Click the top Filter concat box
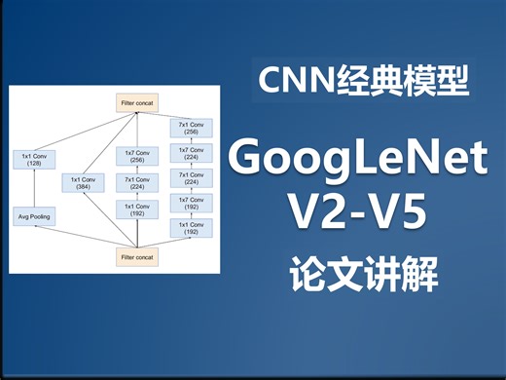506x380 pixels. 137,101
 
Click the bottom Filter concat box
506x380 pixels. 137,257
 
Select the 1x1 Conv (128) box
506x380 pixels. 35,159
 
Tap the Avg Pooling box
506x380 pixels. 35,215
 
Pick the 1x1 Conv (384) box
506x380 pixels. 85,182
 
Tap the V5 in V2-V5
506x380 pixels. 398,212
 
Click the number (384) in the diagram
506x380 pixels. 85,187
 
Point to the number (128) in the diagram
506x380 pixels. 35,164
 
